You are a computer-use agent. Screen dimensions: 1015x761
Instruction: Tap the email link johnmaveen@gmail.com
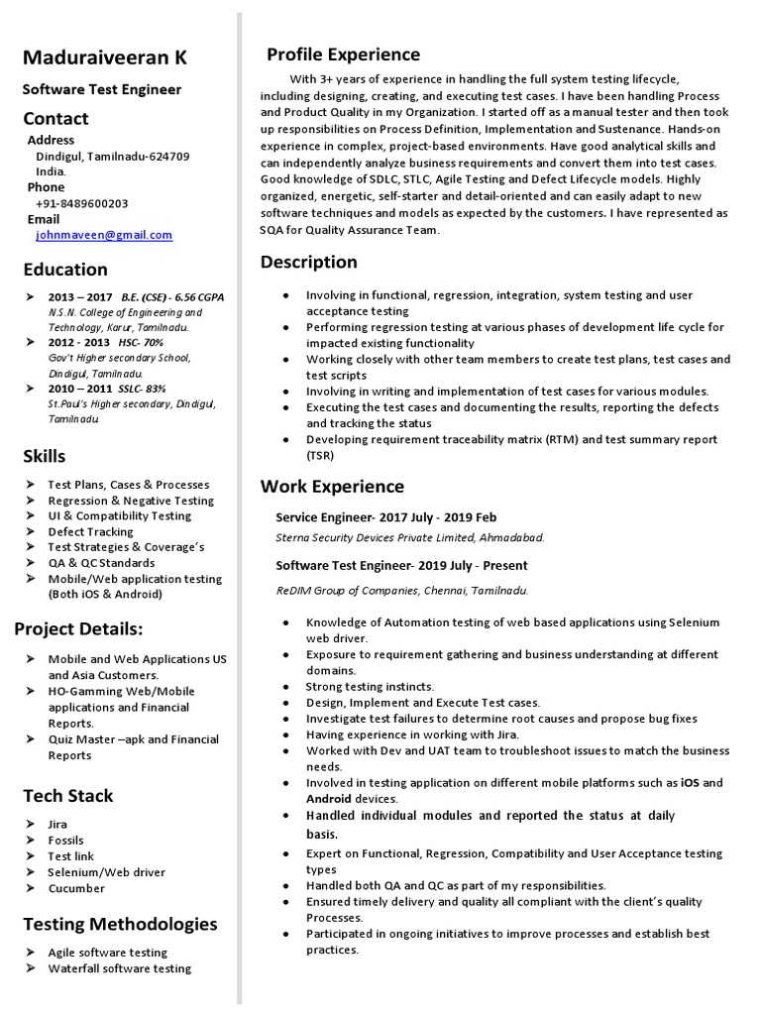(104, 235)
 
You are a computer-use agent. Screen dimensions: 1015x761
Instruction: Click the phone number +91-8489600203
(81, 203)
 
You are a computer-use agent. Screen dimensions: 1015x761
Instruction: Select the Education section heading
(65, 270)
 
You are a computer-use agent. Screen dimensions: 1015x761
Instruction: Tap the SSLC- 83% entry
(140, 389)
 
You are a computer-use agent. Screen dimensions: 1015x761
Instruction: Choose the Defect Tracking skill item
(91, 531)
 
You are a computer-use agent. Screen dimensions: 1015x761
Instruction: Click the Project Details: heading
(78, 629)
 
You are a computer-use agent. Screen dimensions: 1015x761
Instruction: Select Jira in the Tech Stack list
(57, 825)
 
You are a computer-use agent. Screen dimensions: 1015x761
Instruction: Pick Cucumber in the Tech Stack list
(76, 888)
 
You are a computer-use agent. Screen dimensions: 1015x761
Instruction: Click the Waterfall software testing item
(120, 968)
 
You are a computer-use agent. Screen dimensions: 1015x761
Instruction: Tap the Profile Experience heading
(343, 55)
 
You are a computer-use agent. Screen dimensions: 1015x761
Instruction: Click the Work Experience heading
(332, 487)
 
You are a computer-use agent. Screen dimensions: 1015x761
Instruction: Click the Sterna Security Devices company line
(409, 537)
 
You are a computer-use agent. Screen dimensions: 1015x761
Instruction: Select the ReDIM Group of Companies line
(401, 590)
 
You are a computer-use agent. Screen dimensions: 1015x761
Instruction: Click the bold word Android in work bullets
(329, 799)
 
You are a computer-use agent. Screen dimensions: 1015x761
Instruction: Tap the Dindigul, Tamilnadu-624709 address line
(113, 157)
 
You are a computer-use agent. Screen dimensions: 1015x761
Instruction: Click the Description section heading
(308, 263)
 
